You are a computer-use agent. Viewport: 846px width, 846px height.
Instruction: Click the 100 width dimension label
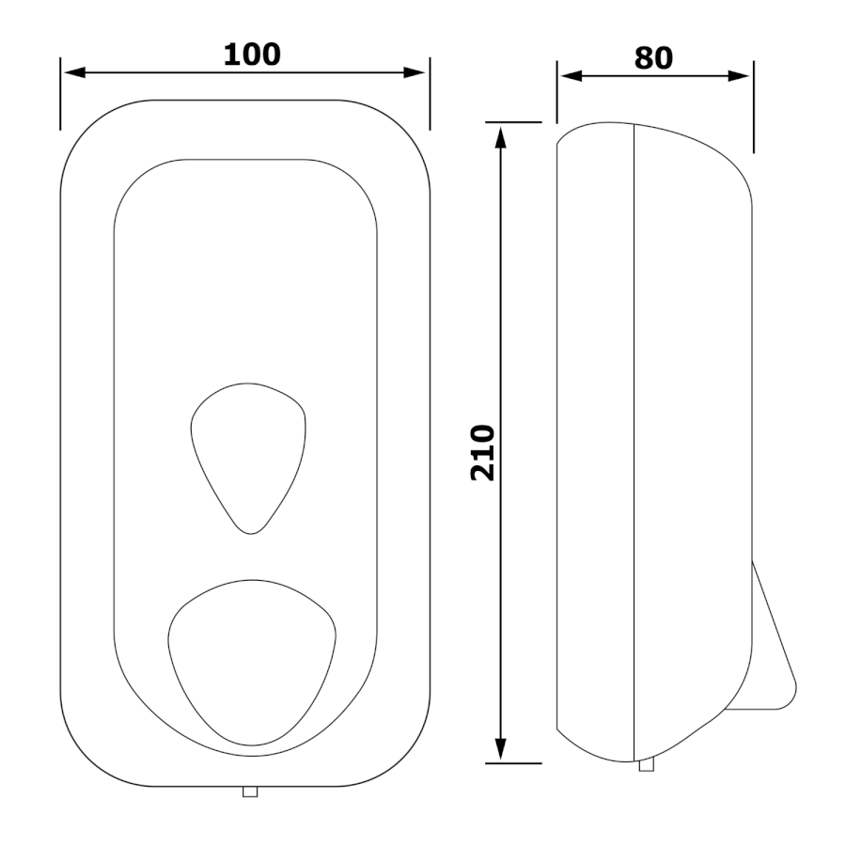(252, 55)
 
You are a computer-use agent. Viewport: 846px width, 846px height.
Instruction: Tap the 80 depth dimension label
(653, 58)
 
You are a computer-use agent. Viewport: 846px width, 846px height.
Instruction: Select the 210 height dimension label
(483, 453)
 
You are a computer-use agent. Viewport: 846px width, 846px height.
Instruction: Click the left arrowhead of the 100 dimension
(74, 72)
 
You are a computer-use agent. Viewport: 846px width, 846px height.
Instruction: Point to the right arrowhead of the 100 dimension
(415, 72)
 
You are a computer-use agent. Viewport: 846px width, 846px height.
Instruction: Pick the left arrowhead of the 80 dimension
(572, 76)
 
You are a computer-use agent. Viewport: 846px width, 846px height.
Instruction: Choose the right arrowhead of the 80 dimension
(739, 76)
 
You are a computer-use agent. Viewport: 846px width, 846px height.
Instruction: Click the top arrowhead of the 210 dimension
(501, 137)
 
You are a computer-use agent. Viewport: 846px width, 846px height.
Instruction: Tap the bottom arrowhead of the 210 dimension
(501, 749)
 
